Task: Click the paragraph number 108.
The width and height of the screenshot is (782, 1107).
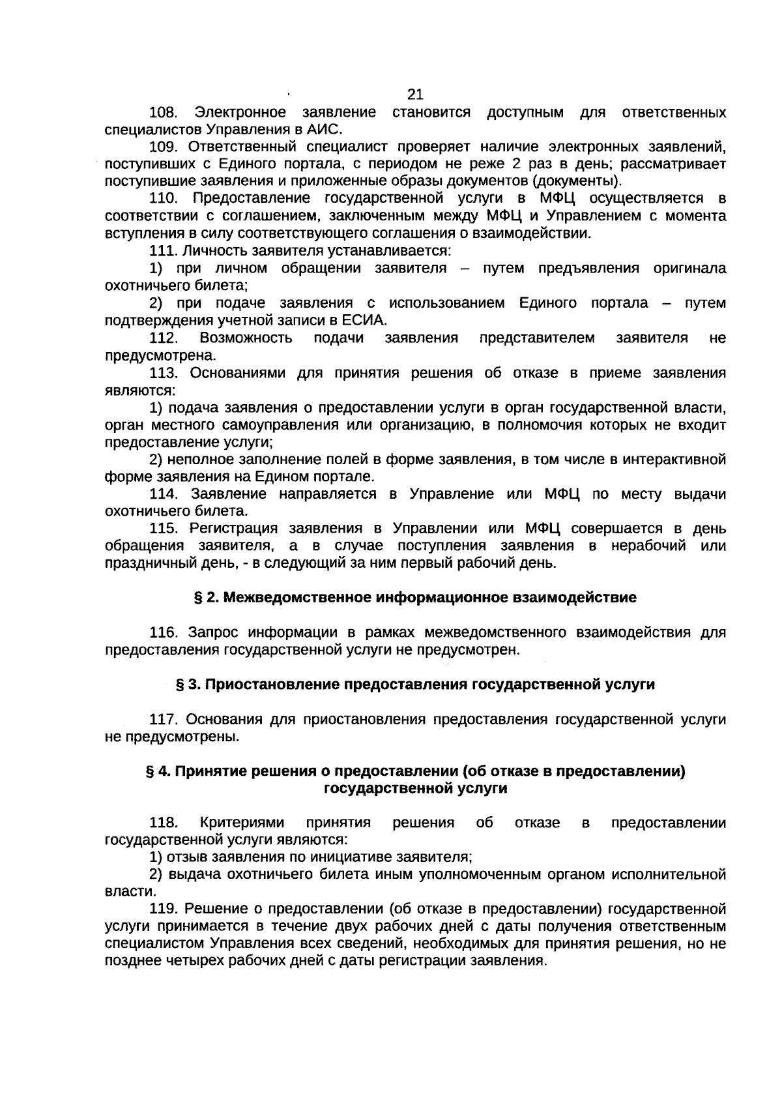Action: [164, 112]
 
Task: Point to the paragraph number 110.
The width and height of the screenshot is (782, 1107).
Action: [164, 198]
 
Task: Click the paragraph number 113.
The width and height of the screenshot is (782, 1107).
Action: [164, 373]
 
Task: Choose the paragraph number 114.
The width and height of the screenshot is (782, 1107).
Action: [164, 494]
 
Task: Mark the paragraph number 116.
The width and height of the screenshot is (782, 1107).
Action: [164, 632]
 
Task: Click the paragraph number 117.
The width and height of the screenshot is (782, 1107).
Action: [164, 719]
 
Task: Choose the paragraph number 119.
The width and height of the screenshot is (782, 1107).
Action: [164, 909]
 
